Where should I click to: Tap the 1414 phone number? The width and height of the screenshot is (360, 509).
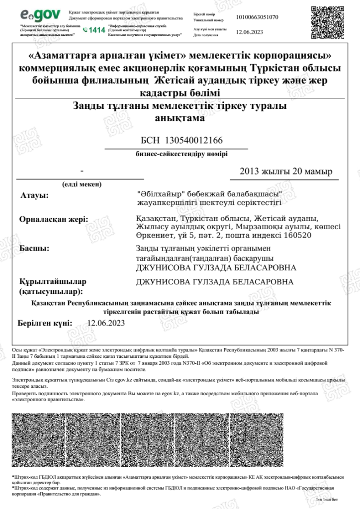click(97, 30)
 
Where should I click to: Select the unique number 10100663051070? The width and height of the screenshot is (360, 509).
click(257, 17)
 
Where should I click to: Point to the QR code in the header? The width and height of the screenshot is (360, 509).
click(328, 21)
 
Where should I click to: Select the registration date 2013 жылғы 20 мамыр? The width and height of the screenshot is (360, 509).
click(285, 171)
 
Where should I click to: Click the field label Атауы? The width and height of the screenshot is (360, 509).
click(34, 195)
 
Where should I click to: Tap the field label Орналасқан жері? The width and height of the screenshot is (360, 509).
click(53, 219)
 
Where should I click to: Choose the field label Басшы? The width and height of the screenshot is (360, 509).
click(34, 248)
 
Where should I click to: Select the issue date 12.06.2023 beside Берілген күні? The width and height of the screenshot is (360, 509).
click(106, 323)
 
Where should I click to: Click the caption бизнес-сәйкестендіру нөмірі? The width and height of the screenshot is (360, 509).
click(182, 154)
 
